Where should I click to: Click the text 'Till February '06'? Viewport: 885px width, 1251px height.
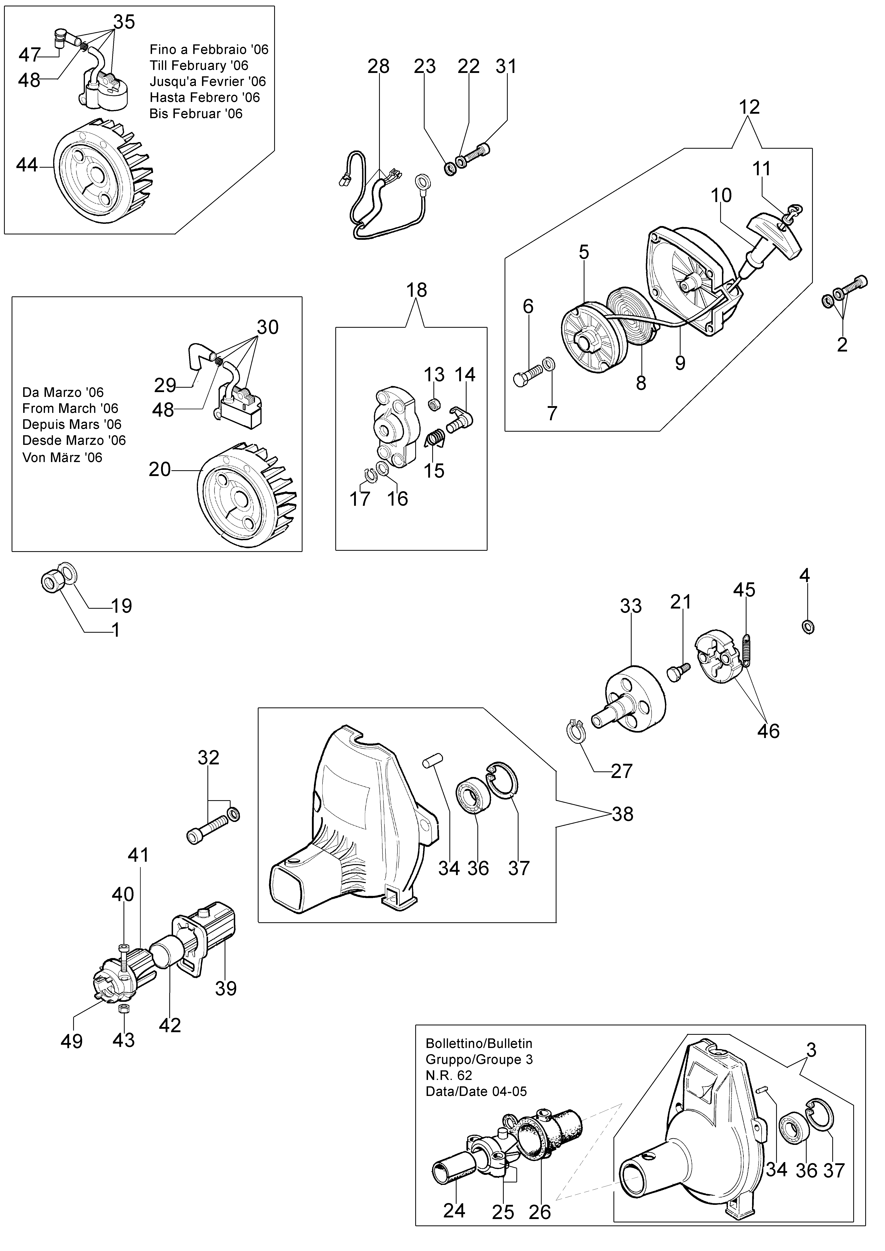199,66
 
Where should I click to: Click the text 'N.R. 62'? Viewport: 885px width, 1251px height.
449,1076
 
